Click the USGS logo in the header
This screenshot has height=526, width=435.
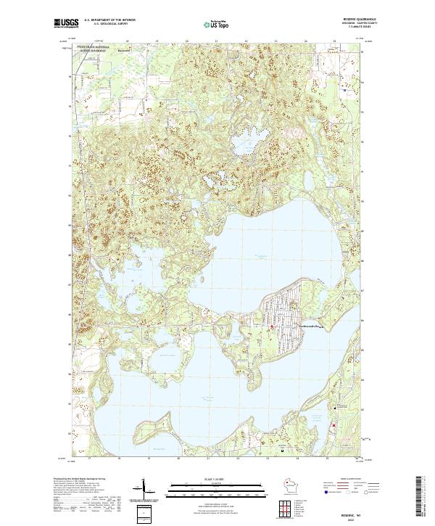pyautogui.click(x=66, y=23)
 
